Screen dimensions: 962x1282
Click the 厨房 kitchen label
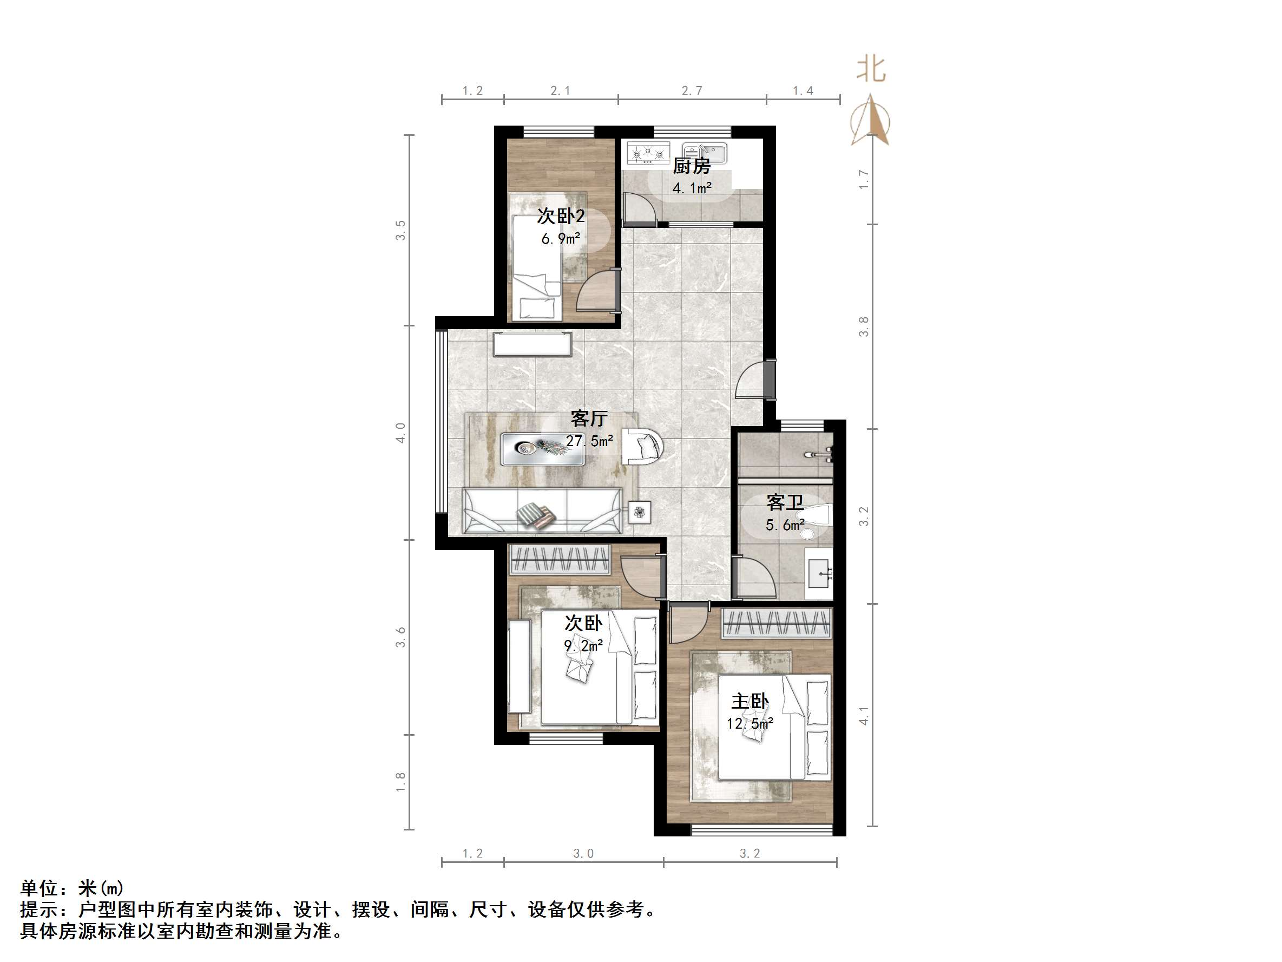(692, 166)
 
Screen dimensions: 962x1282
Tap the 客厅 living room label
(589, 418)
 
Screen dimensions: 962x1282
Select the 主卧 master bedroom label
(750, 702)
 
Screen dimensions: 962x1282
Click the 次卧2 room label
(561, 217)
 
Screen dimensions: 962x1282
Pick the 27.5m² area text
(589, 441)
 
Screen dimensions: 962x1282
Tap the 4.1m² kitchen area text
(692, 188)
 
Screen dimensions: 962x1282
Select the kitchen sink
(704, 153)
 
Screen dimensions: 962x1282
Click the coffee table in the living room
(542, 449)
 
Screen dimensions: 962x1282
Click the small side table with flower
(639, 512)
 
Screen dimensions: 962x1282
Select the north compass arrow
(871, 121)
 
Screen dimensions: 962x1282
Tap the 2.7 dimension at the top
(692, 91)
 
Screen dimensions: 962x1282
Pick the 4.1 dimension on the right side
(864, 716)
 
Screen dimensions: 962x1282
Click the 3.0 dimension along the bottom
(583, 854)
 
